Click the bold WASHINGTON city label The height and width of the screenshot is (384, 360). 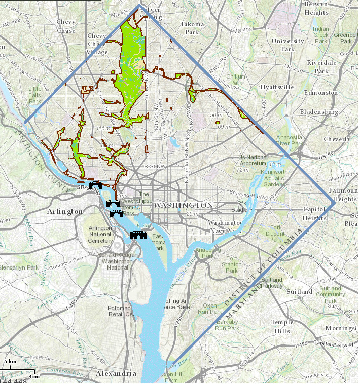click(184, 205)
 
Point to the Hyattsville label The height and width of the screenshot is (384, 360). click(277, 87)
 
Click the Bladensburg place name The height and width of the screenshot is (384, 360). click(318, 111)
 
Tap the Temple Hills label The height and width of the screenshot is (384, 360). click(282, 326)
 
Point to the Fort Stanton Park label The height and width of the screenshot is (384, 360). click(232, 264)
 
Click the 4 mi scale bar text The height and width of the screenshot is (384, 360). click(33, 376)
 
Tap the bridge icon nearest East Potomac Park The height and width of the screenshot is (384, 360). click(137, 234)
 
